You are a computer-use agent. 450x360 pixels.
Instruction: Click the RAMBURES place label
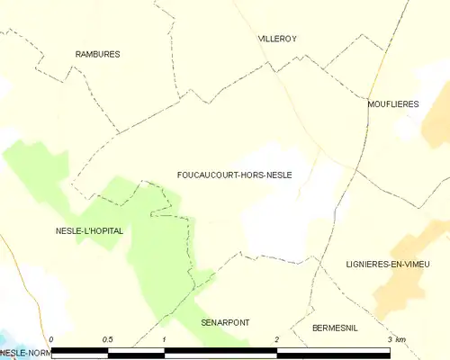(x=97, y=54)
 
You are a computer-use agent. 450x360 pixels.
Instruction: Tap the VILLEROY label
(x=277, y=39)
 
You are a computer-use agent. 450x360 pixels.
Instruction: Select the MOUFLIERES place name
(x=393, y=104)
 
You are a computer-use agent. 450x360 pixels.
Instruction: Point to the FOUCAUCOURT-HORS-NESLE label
(x=234, y=175)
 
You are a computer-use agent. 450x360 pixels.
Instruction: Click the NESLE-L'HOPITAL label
(x=89, y=230)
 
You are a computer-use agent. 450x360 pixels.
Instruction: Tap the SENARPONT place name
(x=225, y=321)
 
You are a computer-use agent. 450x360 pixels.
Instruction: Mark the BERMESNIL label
(x=335, y=328)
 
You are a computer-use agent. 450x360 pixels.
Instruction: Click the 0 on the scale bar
(x=51, y=339)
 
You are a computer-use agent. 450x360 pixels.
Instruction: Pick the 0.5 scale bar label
(x=108, y=339)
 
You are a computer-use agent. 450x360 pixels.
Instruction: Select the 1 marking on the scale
(x=165, y=339)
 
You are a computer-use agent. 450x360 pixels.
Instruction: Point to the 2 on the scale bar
(x=277, y=339)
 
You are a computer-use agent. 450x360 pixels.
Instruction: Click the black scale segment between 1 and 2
(x=220, y=350)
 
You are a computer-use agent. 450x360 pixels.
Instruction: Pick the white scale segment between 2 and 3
(x=333, y=350)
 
